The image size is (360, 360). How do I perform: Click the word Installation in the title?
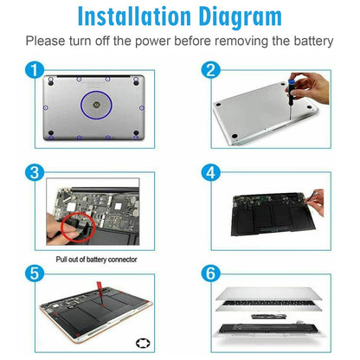coord(134,16)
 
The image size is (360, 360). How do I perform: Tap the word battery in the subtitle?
coord(313,41)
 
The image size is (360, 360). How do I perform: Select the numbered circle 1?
coord(35,70)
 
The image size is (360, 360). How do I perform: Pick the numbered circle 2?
coord(210,70)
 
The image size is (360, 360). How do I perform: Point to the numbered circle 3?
coord(35,172)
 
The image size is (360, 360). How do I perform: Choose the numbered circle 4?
coord(210,172)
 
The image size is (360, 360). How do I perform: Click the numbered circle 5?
coord(35,273)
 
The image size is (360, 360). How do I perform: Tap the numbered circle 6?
coord(210,273)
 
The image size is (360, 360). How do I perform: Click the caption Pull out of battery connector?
coord(96,260)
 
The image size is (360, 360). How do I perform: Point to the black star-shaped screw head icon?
coord(143,344)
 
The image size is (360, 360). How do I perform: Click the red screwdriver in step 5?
coord(100,292)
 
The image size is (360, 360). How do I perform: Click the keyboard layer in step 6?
coord(269,305)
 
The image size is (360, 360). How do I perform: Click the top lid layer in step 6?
coord(269,293)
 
